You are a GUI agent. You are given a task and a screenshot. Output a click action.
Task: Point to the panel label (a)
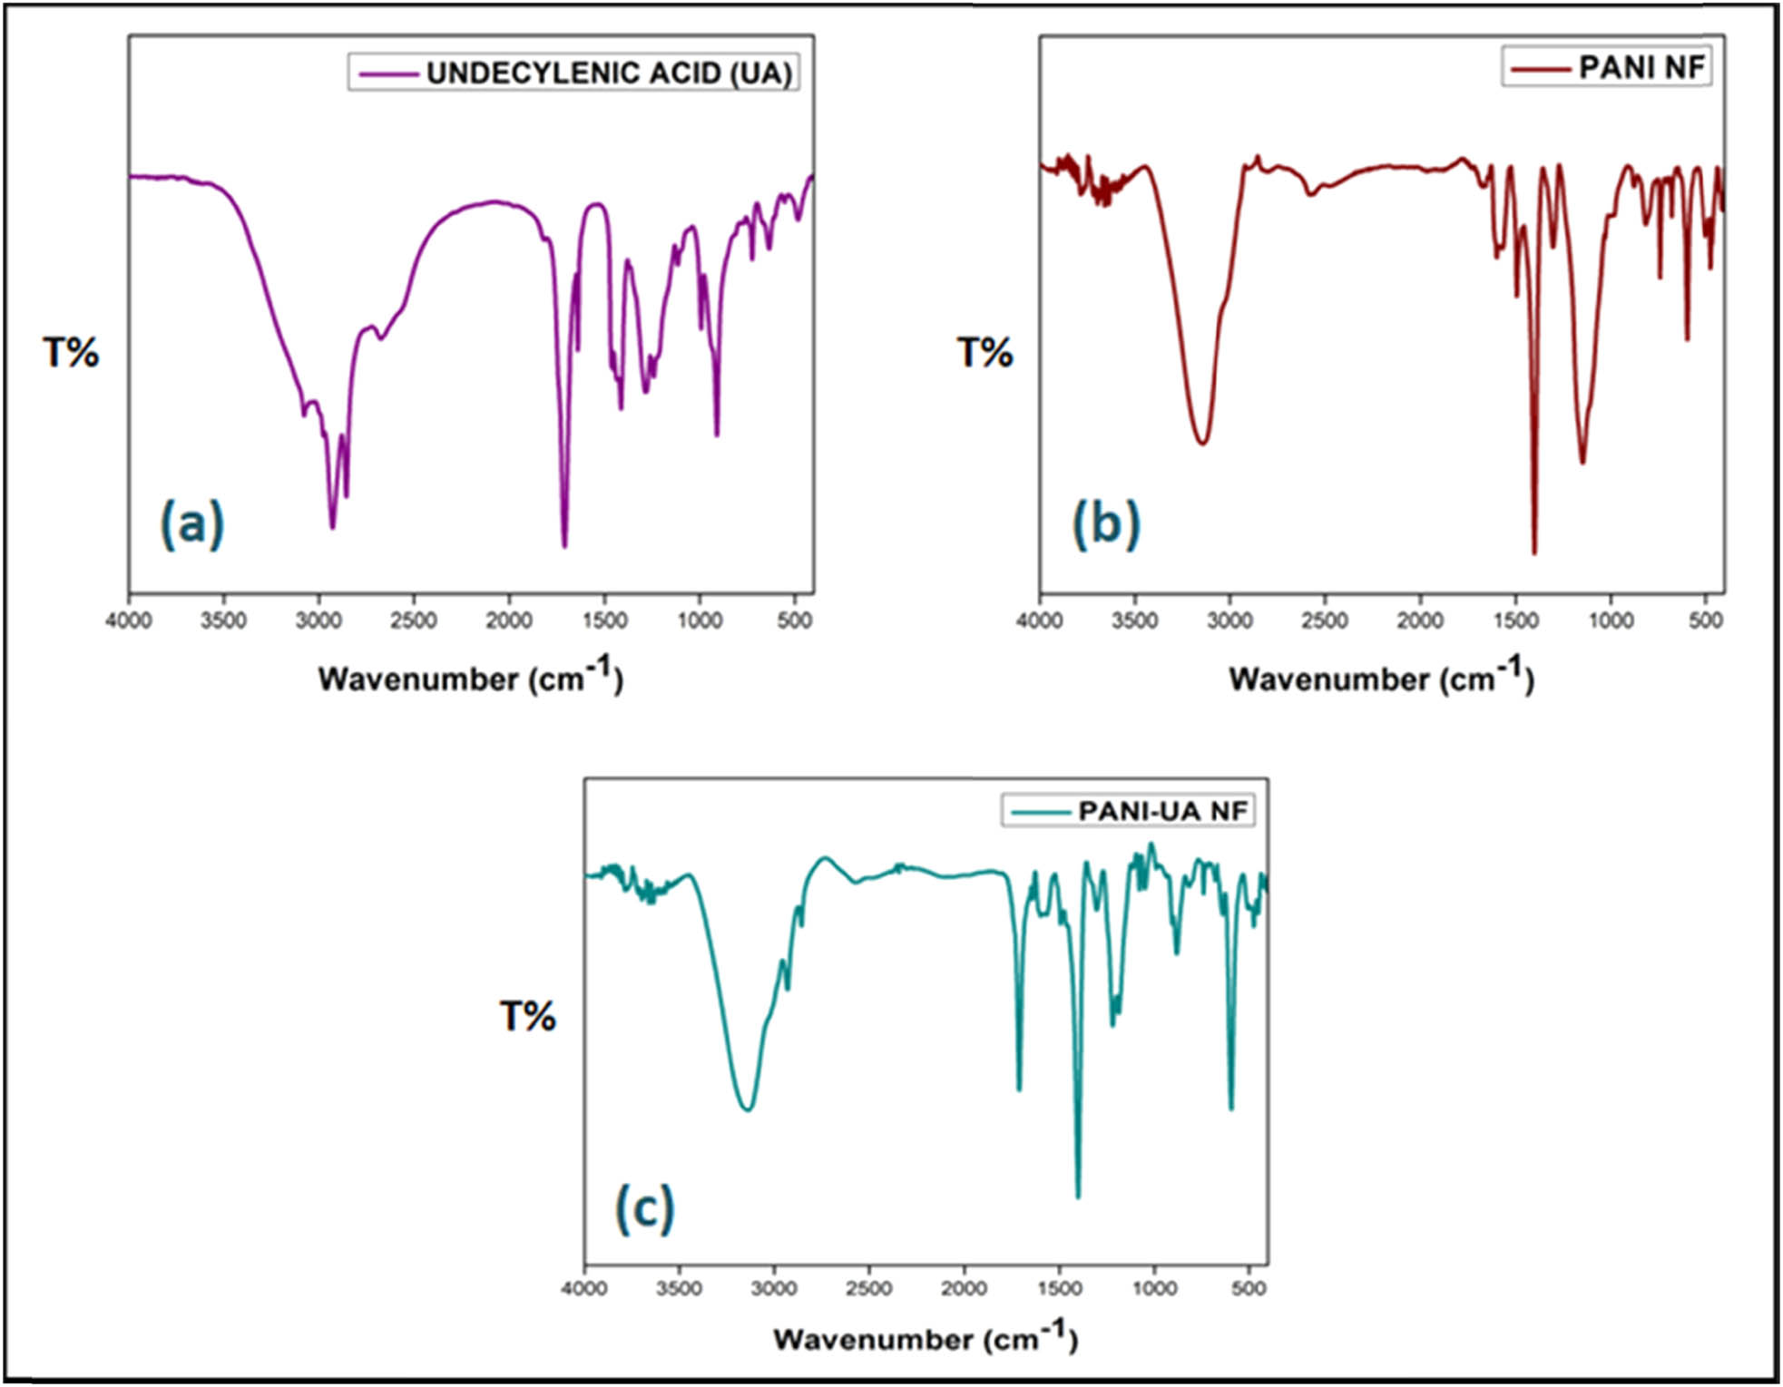pyautogui.click(x=191, y=524)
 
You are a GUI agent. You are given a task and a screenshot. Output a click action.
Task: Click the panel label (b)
pyautogui.click(x=1105, y=524)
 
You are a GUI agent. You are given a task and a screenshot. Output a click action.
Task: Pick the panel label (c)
pyautogui.click(x=644, y=1208)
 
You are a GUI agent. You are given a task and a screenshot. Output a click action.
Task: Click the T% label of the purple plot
pyautogui.click(x=71, y=353)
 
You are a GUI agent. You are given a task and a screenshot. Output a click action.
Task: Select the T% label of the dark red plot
pyautogui.click(x=985, y=353)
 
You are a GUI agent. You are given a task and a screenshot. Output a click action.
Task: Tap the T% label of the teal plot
pyautogui.click(x=527, y=1017)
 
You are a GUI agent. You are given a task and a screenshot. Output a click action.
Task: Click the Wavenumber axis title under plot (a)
pyautogui.click(x=470, y=678)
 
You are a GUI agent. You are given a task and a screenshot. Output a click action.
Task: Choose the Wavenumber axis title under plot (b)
pyautogui.click(x=1381, y=678)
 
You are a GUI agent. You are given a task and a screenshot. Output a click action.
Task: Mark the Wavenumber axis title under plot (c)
pyautogui.click(x=926, y=1338)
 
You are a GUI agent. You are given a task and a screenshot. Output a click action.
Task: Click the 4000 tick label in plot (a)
pyautogui.click(x=129, y=620)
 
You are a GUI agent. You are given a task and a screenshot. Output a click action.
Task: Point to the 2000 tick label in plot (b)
pyautogui.click(x=1420, y=620)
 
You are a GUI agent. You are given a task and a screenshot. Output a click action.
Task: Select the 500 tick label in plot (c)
pyautogui.click(x=1249, y=1289)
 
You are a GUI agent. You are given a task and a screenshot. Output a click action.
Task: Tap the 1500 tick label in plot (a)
pyautogui.click(x=605, y=620)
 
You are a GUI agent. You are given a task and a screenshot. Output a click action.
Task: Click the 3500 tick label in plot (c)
pyautogui.click(x=679, y=1289)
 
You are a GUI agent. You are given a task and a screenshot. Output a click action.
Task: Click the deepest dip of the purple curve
pyautogui.click(x=564, y=546)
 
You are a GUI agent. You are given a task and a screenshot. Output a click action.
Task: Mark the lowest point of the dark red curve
pyautogui.click(x=1534, y=552)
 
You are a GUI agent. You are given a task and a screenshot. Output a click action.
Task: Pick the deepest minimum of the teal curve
pyautogui.click(x=1078, y=1197)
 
